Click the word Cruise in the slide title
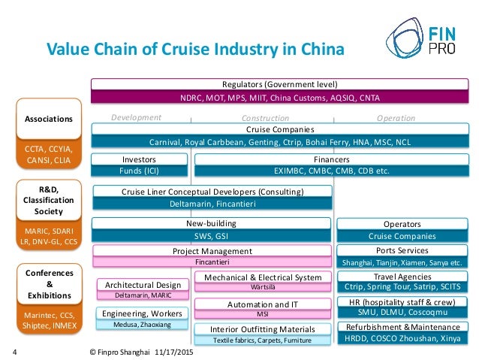(172, 50)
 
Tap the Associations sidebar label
(48, 119)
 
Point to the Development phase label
(136, 117)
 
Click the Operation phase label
(396, 118)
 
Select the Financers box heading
(332, 159)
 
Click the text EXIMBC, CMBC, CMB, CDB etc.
(331, 171)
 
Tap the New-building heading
(211, 224)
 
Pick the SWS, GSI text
(211, 236)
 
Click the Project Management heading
(212, 251)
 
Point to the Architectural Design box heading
(142, 285)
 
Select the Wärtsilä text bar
(262, 288)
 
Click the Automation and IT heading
(262, 304)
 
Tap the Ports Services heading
(402, 250)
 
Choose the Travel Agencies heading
(402, 276)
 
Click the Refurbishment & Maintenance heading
(402, 328)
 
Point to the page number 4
(17, 351)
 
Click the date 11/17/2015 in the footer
(171, 351)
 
